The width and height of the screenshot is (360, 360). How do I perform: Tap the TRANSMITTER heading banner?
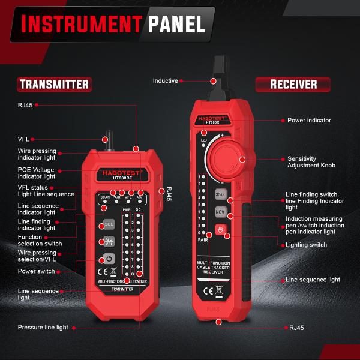(x=53, y=84)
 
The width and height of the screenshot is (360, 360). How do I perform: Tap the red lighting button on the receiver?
(x=220, y=229)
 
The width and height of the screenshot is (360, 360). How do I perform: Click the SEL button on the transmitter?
(x=109, y=224)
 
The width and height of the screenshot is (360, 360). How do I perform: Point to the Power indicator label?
(x=309, y=121)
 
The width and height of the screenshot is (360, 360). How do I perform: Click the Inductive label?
(x=165, y=80)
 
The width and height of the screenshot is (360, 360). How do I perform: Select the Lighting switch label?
(x=306, y=245)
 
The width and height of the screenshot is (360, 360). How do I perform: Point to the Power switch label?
(x=38, y=271)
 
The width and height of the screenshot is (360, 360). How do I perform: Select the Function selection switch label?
(x=40, y=240)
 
